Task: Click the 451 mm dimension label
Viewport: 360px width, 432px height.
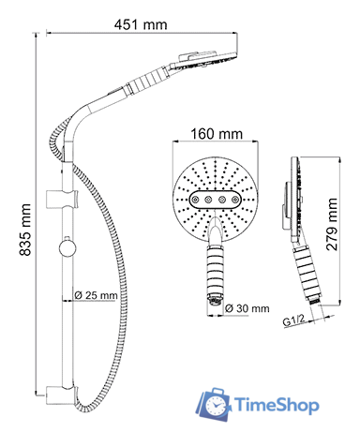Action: pos(141,24)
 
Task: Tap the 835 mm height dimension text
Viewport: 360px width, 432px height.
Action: pos(25,230)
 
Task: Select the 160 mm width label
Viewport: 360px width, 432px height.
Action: pos(217,134)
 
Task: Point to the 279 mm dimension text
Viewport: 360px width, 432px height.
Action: pos(332,224)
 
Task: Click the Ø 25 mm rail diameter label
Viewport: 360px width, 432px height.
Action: pos(97,295)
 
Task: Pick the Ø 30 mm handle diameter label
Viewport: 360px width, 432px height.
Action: pos(247,308)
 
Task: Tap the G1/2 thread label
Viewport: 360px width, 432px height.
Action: pos(293,320)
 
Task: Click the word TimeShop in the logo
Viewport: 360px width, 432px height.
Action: pos(277,405)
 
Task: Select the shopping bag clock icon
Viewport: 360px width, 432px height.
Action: pos(214,405)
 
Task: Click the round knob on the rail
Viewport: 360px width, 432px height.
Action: pos(67,248)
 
